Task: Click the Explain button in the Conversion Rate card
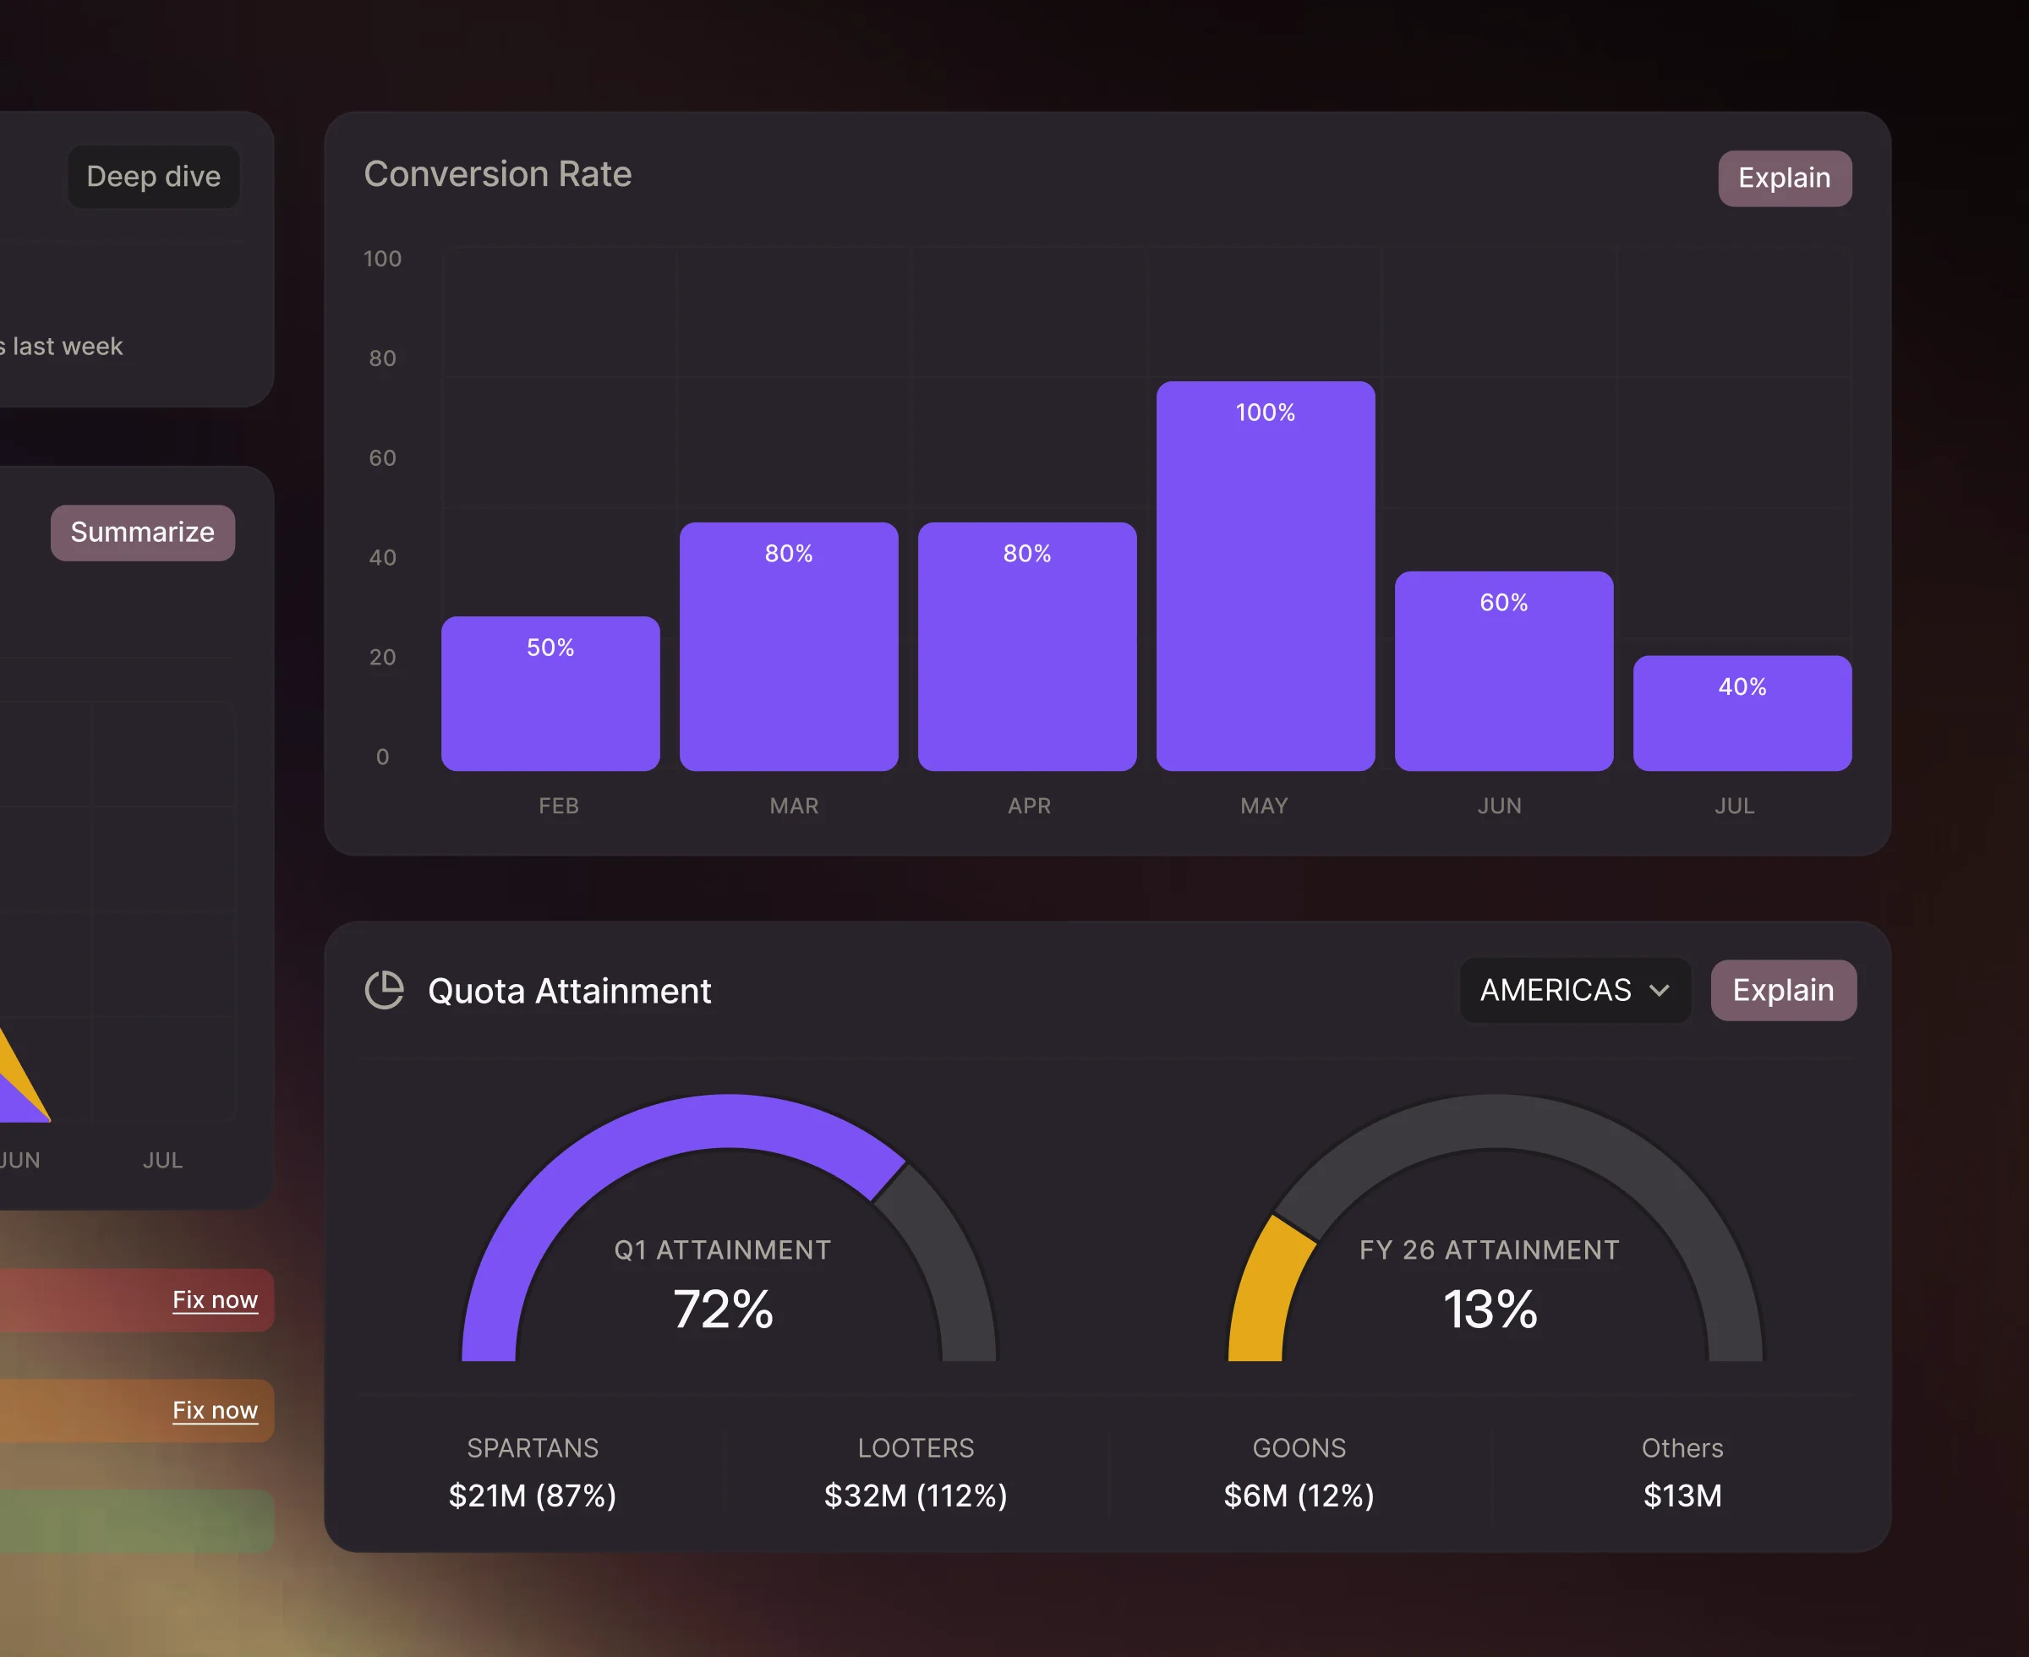(1784, 178)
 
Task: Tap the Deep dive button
(154, 177)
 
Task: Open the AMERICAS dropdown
(1574, 990)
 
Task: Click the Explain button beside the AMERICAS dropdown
(1783, 990)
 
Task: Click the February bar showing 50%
(550, 694)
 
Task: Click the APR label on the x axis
(1029, 806)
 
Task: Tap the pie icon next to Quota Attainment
(385, 990)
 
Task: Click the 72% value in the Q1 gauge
(723, 1309)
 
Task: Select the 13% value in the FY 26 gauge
(1489, 1309)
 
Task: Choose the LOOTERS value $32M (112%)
(916, 1495)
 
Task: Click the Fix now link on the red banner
(215, 1300)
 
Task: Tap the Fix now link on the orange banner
(215, 1410)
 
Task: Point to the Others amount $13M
(1682, 1495)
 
